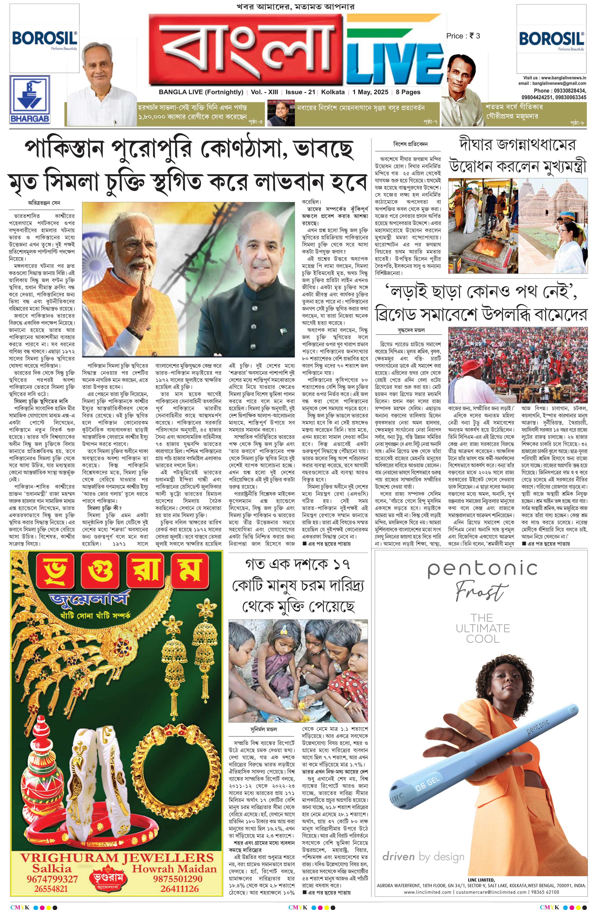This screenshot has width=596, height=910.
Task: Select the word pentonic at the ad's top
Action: (x=482, y=569)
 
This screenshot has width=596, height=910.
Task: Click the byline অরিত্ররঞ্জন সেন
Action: (x=44, y=203)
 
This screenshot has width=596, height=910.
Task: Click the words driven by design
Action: (x=423, y=857)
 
